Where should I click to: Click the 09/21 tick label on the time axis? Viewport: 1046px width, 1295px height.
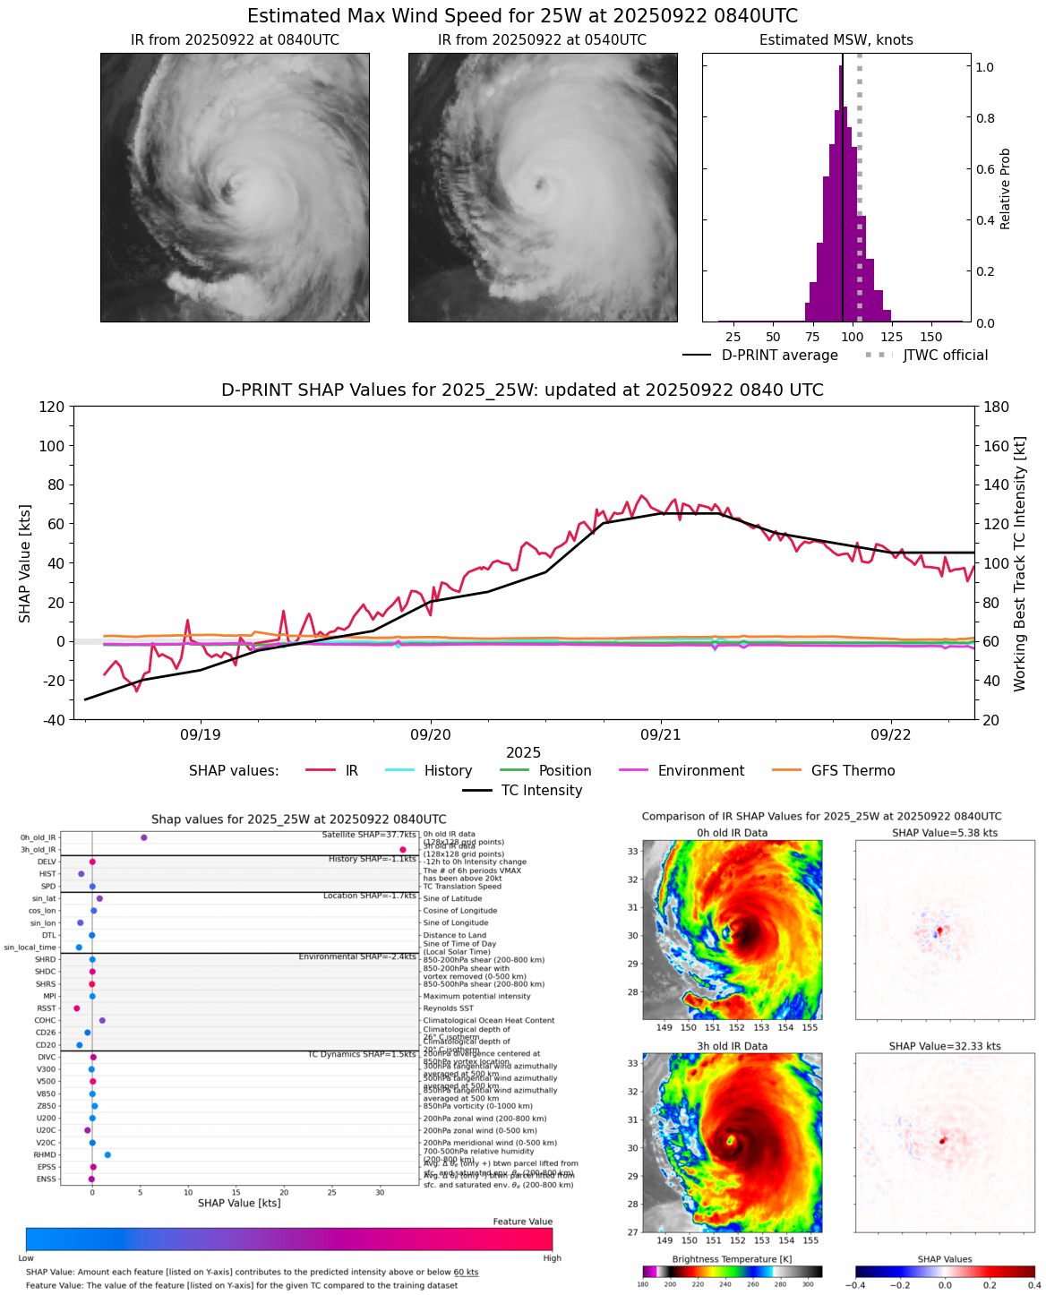[660, 734]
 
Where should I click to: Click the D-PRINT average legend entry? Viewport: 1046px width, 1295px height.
[779, 356]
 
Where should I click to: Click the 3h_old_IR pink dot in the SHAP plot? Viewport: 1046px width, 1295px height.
[403, 849]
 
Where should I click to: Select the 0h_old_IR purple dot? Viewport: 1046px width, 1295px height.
[144, 837]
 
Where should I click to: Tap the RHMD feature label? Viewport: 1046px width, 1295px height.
[46, 1154]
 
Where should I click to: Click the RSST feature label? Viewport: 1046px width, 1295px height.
[46, 1008]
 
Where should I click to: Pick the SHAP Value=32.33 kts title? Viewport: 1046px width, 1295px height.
[945, 1046]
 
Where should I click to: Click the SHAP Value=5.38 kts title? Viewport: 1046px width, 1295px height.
[945, 833]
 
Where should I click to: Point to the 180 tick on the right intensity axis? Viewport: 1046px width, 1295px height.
[997, 407]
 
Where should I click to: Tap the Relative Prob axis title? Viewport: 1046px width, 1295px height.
[1006, 188]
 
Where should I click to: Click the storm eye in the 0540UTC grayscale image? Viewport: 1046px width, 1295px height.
[540, 184]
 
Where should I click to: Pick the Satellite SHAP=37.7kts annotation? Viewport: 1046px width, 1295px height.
[368, 835]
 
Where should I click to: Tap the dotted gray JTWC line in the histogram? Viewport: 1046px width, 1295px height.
[860, 179]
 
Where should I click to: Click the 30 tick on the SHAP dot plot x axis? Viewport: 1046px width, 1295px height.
[380, 1192]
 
